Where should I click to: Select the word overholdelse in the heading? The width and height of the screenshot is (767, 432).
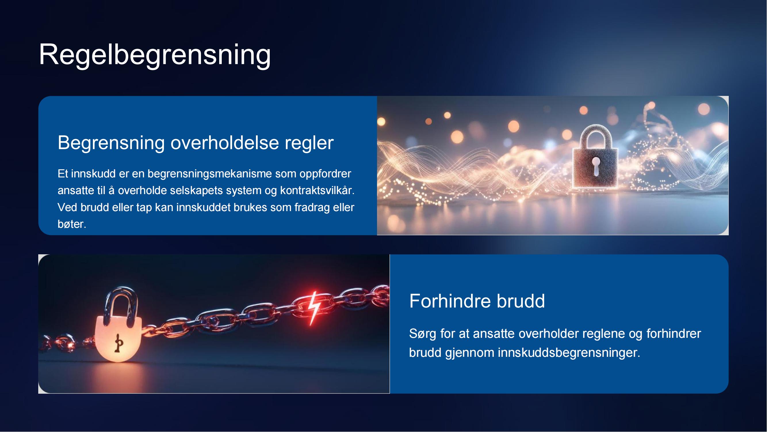tap(225, 143)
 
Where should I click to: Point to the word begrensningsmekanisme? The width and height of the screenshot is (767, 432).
tap(210, 174)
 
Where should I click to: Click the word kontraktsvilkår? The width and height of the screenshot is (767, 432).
tap(317, 190)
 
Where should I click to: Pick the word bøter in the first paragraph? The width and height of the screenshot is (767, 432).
tap(72, 224)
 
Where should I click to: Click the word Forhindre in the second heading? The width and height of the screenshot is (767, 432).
tap(450, 301)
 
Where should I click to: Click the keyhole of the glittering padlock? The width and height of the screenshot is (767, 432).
tap(596, 166)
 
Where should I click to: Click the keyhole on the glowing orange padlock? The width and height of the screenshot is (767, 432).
tap(119, 343)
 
